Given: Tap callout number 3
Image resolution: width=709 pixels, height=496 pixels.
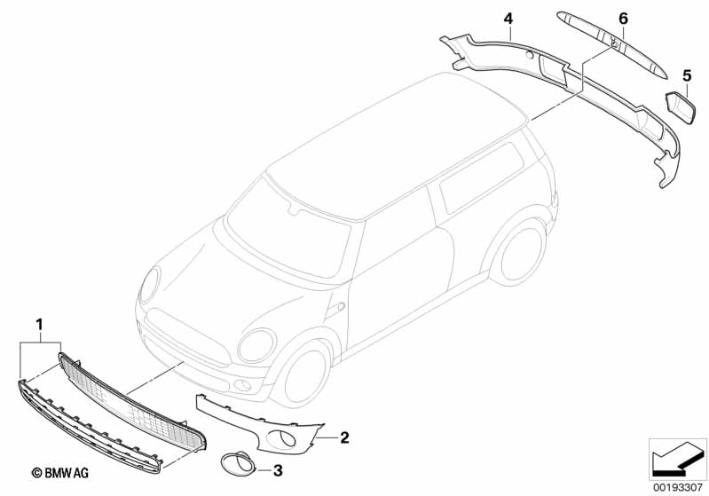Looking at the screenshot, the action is pyautogui.click(x=277, y=469).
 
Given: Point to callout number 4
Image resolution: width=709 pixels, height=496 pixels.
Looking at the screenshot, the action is pyautogui.click(x=508, y=18).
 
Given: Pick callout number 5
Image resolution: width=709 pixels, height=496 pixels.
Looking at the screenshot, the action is pyautogui.click(x=686, y=74).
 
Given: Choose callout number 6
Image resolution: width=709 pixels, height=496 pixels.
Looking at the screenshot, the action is pyautogui.click(x=623, y=18).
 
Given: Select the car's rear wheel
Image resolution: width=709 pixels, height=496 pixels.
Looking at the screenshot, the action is pyautogui.click(x=519, y=251).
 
